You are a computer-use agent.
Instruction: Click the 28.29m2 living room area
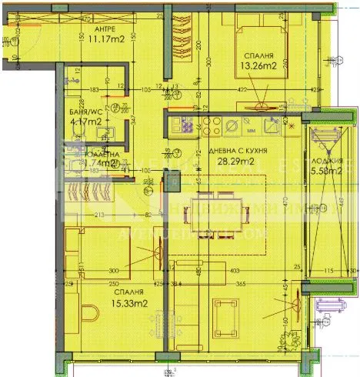(236, 162)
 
